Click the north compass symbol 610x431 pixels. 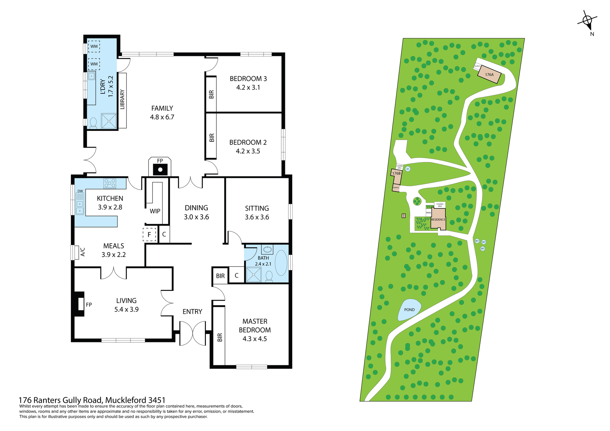coord(587,21)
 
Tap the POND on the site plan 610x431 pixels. coord(409,310)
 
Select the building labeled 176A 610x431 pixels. coord(489,75)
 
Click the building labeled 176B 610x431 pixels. coord(396,177)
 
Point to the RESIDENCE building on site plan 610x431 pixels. coord(438,219)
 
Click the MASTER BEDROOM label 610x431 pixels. coord(255,326)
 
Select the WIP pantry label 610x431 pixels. coord(155,211)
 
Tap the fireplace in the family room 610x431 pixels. coord(160,169)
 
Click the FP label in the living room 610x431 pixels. coord(89,305)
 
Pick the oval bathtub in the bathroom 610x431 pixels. coord(281,263)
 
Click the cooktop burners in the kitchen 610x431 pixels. coord(110,183)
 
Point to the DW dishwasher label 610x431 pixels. coord(80,191)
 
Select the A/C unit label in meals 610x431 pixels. coord(83,252)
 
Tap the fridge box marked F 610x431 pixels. coord(149,235)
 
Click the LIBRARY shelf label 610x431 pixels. coord(122,99)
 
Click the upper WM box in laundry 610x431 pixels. coord(94,46)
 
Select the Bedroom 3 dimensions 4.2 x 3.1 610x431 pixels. coord(248,88)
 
